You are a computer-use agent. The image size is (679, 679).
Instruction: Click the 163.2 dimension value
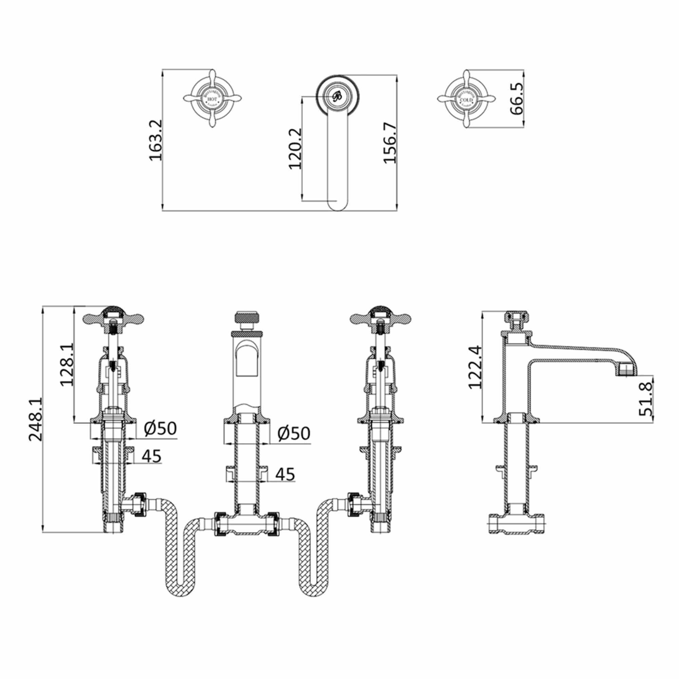coord(155,140)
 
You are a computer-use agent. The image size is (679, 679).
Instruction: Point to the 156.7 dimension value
coord(390,143)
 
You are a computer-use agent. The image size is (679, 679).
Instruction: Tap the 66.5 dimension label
coord(517,98)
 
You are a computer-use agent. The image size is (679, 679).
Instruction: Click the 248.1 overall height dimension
coord(36,419)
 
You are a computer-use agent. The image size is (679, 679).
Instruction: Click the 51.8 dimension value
coord(646,399)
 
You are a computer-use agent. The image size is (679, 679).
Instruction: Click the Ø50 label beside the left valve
coord(160,428)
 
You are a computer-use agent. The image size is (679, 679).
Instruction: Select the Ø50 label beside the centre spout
coord(294,433)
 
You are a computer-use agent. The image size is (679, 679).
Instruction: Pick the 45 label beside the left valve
coord(151,456)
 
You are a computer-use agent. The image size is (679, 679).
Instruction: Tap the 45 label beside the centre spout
coord(285,475)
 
